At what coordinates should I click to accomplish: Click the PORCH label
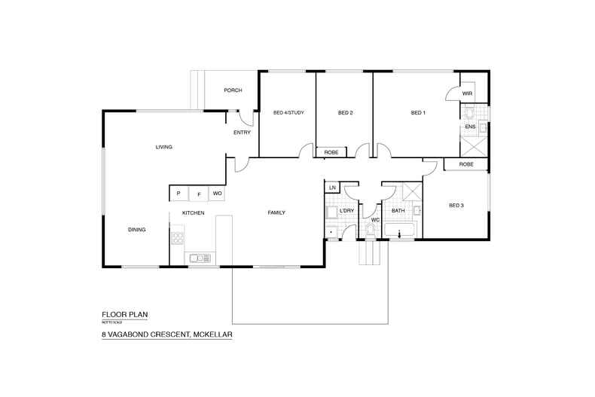233,90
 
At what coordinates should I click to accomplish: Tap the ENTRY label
242,133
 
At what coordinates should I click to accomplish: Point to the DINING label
136,230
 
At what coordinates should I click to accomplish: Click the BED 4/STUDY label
287,113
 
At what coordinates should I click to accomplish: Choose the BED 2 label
345,113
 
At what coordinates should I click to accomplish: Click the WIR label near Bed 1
467,93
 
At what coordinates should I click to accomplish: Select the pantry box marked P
178,194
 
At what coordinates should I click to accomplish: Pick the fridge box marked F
198,194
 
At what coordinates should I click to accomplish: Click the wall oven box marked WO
217,194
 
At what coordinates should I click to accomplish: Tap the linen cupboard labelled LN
332,187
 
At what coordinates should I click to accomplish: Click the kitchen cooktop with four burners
178,240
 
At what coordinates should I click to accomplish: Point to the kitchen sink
200,258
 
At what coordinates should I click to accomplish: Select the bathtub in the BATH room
399,231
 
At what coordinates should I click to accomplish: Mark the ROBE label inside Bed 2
331,152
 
